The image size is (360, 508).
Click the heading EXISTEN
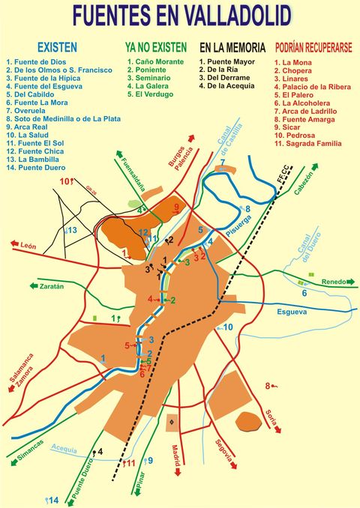57,46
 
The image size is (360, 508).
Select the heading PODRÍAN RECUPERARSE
313,46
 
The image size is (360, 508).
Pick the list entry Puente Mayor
226,61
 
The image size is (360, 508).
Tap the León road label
28,246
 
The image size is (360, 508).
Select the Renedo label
334,282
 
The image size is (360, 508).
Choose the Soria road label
272,420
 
